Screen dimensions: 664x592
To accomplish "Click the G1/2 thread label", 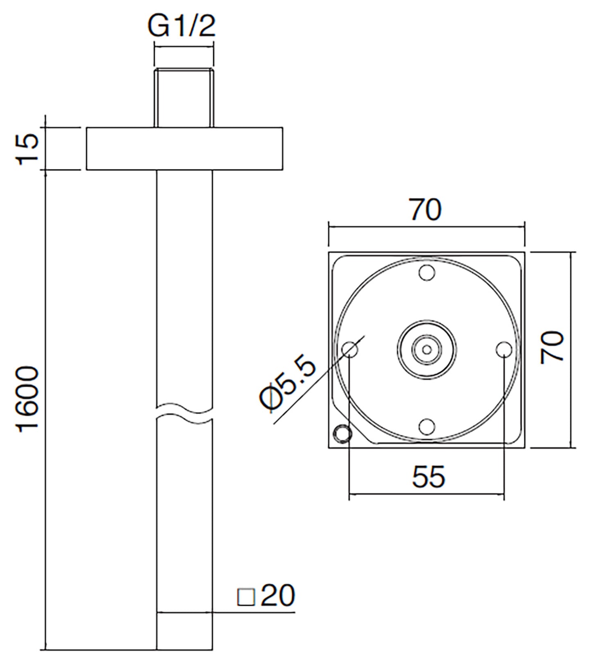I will pos(182,27).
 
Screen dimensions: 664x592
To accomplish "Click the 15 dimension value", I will pos(29,149).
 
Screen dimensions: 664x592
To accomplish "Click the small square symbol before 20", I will pos(246,598).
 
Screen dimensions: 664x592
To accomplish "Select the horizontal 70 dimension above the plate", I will pos(426,210).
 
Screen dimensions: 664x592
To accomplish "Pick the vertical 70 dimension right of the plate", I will pos(552,348).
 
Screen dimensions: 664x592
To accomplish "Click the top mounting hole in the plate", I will pos(426,273).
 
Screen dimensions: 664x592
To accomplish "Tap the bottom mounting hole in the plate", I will pos(426,426).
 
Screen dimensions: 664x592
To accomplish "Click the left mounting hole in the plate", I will pos(349,350).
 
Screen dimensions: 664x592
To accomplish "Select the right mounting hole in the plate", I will pos(503,350).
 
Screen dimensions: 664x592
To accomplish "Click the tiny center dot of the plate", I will pos(426,350).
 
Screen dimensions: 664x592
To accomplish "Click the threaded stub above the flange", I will pos(184,98).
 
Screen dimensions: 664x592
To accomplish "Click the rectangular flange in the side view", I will pos(184,149).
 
